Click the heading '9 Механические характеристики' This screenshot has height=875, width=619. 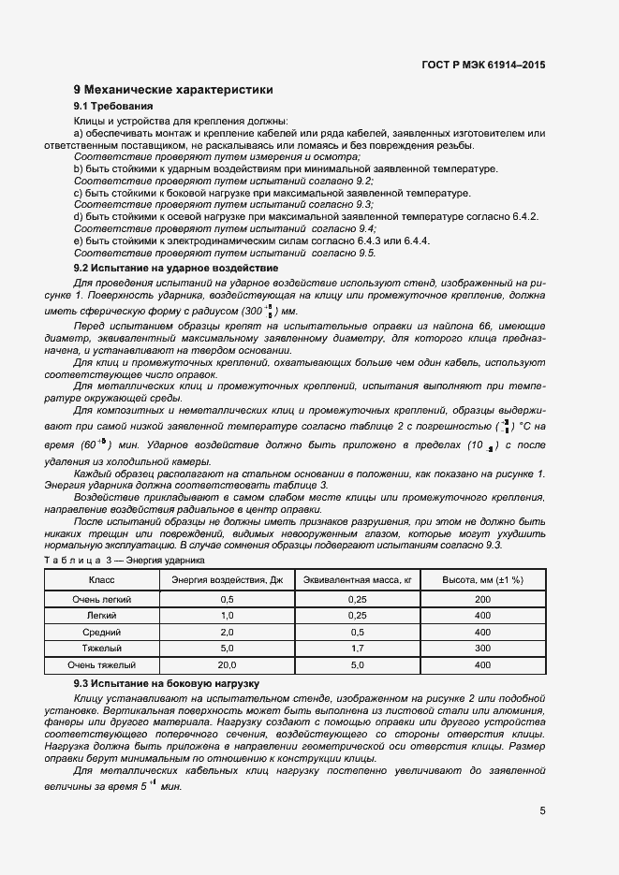[173, 91]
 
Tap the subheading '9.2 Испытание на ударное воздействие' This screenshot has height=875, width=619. [175, 268]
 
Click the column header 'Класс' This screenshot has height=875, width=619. [102, 580]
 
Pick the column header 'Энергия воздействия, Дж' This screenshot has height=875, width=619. [227, 580]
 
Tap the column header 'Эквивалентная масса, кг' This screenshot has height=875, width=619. [358, 580]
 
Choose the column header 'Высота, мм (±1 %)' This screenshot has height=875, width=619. [483, 580]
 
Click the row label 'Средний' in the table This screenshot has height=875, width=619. [102, 632]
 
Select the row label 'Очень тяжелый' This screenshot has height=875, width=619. [102, 664]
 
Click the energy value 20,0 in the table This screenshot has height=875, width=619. [227, 664]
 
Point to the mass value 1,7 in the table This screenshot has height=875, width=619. [358, 649]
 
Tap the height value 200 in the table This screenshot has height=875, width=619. [483, 598]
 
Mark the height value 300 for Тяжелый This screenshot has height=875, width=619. [483, 649]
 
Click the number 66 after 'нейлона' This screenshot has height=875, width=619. [499, 326]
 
